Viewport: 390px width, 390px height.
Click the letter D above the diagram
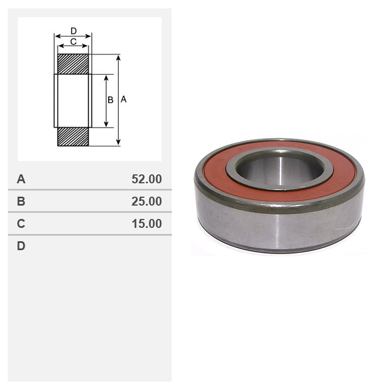74,31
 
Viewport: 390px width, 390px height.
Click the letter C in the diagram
73,42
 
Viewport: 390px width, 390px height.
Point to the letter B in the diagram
110,100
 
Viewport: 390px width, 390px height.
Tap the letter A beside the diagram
124,100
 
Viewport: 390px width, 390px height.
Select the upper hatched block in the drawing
73,64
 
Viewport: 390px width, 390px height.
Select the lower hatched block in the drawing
73,136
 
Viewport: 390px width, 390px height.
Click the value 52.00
147,179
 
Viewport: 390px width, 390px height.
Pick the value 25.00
147,201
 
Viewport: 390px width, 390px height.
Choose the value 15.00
147,223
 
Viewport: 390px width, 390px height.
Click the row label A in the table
21,179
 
